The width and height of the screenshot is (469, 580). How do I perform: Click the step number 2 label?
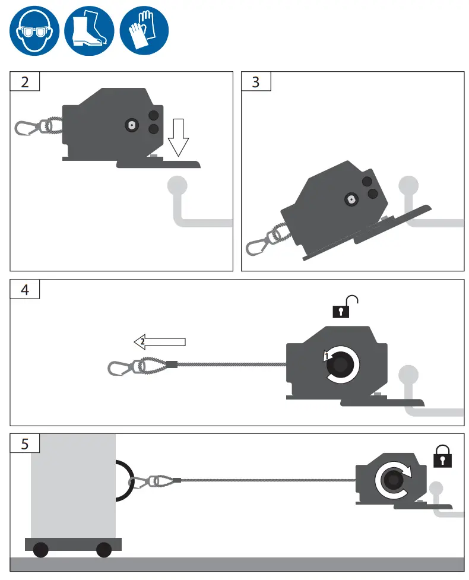(24, 81)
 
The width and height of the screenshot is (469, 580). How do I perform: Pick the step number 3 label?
(256, 81)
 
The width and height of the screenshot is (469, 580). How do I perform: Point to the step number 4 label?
(24, 290)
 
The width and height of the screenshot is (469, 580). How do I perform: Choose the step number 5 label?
(24, 443)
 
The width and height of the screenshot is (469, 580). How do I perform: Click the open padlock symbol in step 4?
(345, 305)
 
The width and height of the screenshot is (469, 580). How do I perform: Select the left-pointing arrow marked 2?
(160, 341)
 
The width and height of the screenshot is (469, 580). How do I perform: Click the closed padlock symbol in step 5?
(443, 455)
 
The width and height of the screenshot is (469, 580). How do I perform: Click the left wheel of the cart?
(41, 550)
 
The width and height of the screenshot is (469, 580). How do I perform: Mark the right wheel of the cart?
(104, 550)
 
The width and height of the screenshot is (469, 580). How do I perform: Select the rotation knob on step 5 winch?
(392, 479)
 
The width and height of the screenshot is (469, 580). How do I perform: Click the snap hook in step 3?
(259, 244)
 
